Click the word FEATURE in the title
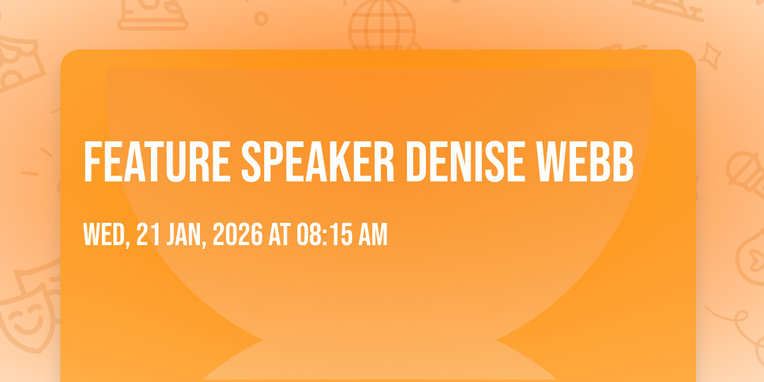157,162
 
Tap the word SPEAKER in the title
318,162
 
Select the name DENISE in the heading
465,162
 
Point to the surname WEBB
584,162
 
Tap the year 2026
237,234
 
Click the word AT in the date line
279,234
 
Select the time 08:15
324,234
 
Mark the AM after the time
373,234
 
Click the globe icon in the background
383,25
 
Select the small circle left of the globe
261,18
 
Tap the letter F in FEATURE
92,162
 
